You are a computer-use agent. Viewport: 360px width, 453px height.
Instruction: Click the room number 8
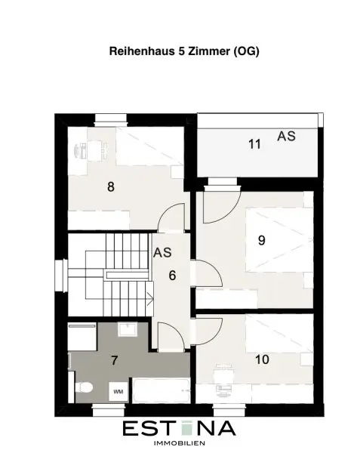111,187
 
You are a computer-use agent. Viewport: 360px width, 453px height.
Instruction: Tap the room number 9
262,240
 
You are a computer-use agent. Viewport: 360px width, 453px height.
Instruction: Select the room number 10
262,359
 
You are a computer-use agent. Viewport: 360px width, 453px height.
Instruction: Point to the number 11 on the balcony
254,144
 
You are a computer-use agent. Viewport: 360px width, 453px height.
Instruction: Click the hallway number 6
172,276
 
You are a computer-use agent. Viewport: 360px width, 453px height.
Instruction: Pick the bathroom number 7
115,361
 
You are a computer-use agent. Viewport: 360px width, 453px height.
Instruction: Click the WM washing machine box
118,391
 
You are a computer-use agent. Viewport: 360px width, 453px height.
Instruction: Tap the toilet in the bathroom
84,387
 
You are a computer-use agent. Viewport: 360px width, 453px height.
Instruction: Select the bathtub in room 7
162,390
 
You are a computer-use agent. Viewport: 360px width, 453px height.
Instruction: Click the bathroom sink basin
127,329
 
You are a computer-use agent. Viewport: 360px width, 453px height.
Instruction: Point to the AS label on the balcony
286,137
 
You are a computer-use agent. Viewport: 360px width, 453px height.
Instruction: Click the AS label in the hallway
162,252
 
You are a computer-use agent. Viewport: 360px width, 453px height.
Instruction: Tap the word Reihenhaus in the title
142,51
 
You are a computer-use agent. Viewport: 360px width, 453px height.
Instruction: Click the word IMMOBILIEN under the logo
180,443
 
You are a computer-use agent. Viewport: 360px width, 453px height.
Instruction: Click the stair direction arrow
150,299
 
